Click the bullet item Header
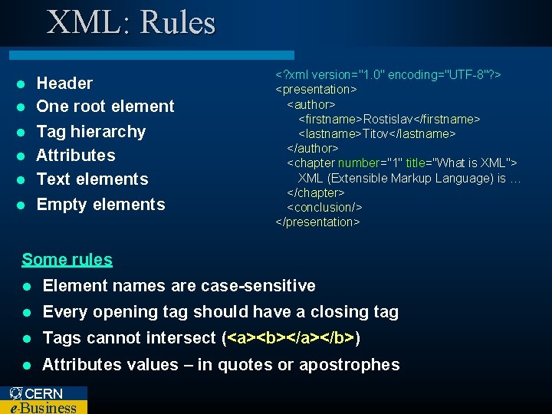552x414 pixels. click(64, 83)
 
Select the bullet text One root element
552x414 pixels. click(105, 107)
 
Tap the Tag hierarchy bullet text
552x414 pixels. click(90, 131)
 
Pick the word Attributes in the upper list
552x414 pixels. click(76, 155)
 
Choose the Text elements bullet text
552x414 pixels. click(92, 179)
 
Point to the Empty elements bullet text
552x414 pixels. click(100, 204)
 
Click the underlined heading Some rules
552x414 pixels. click(67, 259)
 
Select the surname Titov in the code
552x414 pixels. click(376, 133)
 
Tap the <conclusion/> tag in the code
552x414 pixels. click(324, 207)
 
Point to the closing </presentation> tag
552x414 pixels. click(317, 222)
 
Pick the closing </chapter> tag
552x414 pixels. click(315, 192)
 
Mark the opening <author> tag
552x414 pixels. click(310, 103)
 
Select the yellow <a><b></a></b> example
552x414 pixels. click(291, 338)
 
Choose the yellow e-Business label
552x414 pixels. click(43, 407)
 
